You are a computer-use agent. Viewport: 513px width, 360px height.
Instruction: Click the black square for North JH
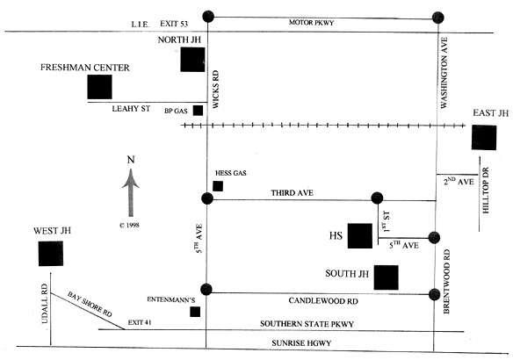(192, 60)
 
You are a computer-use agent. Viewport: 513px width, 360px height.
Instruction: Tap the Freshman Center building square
(99, 87)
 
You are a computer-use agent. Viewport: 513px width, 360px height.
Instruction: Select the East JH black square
(484, 137)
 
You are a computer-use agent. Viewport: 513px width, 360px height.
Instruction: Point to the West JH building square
(51, 254)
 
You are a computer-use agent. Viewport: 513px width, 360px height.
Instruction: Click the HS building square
(360, 235)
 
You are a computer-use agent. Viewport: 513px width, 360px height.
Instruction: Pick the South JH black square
(387, 277)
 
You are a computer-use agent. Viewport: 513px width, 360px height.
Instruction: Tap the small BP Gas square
(198, 111)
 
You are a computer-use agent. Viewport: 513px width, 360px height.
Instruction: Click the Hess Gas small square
(218, 186)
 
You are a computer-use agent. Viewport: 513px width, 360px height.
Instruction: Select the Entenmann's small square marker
(195, 312)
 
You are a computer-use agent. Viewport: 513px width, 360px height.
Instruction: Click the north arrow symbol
(131, 192)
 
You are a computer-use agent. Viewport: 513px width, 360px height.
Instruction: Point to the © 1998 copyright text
(129, 225)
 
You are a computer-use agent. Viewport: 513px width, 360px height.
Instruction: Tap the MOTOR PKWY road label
(311, 23)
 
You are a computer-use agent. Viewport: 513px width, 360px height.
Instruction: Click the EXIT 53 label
(174, 24)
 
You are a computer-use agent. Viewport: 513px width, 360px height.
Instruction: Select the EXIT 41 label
(140, 322)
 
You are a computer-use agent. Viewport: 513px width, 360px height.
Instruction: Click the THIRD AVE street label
(292, 193)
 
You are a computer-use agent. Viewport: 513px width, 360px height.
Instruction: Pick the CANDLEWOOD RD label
(323, 301)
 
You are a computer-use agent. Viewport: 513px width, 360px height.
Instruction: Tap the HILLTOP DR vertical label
(486, 190)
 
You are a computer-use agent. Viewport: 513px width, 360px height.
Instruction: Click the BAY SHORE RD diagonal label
(90, 304)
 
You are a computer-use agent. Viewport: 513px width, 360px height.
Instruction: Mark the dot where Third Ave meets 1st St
(377, 198)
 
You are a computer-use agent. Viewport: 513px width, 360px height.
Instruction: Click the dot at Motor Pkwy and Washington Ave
(438, 18)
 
